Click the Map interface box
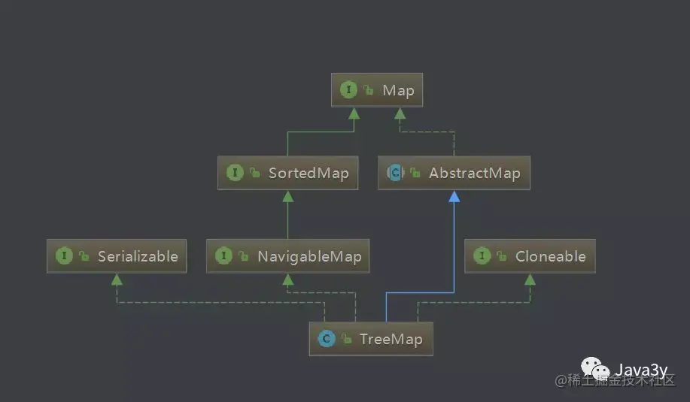point(377,90)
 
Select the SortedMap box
point(287,173)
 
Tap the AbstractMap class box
point(454,173)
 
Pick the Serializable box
point(116,256)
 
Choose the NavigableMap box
point(287,256)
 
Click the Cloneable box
point(530,256)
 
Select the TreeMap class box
point(371,339)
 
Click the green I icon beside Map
point(348,90)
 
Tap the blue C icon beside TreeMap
point(326,339)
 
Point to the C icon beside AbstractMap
point(394,173)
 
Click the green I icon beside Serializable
point(64,256)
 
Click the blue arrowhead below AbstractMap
point(454,196)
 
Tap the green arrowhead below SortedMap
point(287,196)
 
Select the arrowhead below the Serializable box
point(116,280)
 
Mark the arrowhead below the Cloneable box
point(530,280)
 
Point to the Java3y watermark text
point(641,369)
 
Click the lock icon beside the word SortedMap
point(254,174)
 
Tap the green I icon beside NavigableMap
point(223,256)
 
